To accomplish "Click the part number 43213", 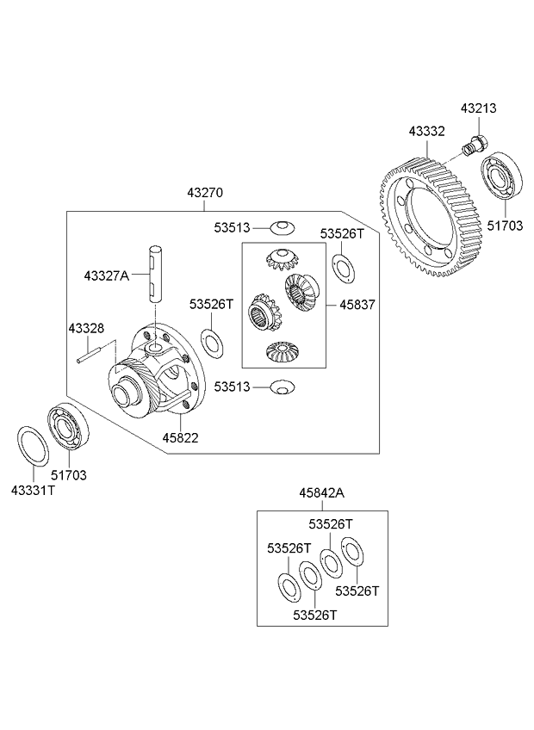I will (x=478, y=109).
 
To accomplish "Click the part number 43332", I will (x=426, y=132).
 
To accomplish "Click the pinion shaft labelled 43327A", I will (x=155, y=272).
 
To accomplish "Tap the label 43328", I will (x=86, y=328).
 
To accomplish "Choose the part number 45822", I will (x=181, y=438).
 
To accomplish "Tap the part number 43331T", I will (x=33, y=489).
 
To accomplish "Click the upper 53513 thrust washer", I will (x=281, y=227).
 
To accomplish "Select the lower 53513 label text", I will (x=233, y=387).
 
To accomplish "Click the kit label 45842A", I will (x=321, y=493).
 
